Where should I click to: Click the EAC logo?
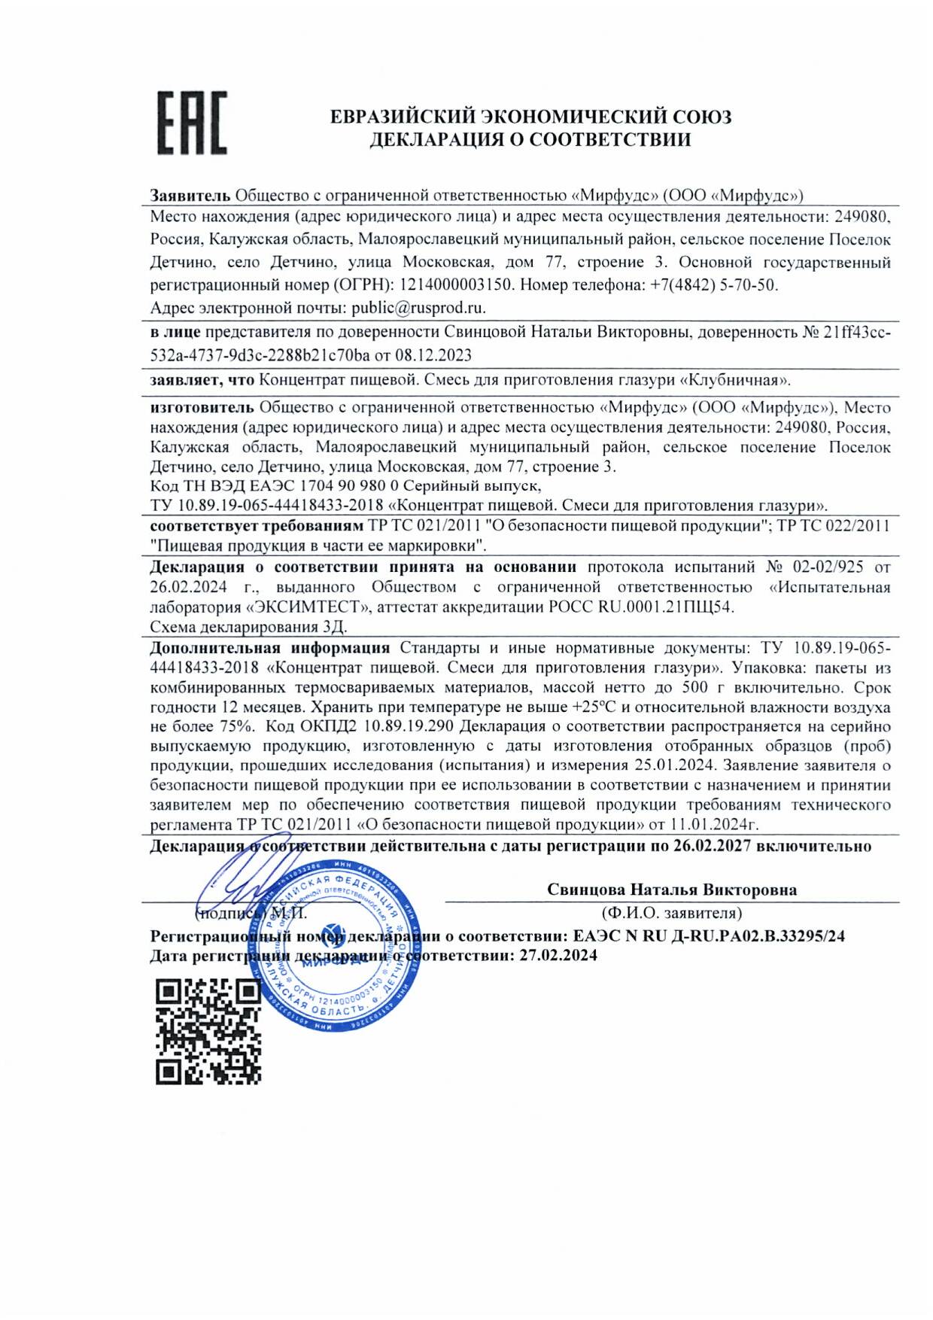pyautogui.click(x=192, y=123)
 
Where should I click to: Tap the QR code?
pyautogui.click(x=208, y=1031)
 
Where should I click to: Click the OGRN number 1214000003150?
pyautogui.click(x=456, y=285)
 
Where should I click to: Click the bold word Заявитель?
pyautogui.click(x=190, y=196)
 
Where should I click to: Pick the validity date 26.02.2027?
pyautogui.click(x=712, y=846)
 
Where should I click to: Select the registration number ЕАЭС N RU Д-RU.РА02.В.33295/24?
pyautogui.click(x=709, y=936)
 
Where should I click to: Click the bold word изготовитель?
pyautogui.click(x=202, y=407)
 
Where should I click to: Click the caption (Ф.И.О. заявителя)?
pyautogui.click(x=671, y=913)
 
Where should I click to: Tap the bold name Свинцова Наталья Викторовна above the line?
pyautogui.click(x=671, y=890)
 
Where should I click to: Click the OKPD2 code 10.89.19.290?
pyautogui.click(x=407, y=726)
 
